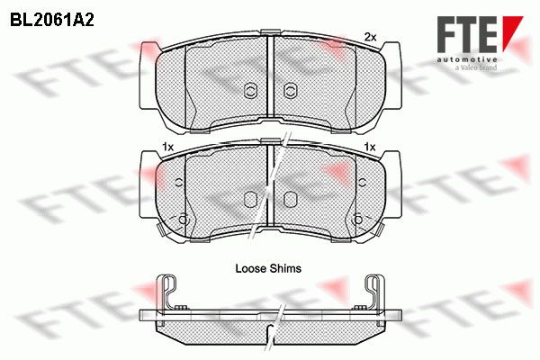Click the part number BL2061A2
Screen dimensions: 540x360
(x=52, y=21)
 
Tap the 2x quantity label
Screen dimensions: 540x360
(x=370, y=37)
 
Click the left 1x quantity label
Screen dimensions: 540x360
(x=167, y=148)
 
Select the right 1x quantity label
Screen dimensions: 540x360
(x=370, y=148)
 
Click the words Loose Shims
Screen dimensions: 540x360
(x=268, y=268)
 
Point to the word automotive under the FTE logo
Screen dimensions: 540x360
(x=467, y=59)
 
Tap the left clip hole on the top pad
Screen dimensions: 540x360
(x=250, y=91)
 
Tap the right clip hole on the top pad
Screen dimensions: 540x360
(x=291, y=91)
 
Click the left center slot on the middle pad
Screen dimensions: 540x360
(x=250, y=200)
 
